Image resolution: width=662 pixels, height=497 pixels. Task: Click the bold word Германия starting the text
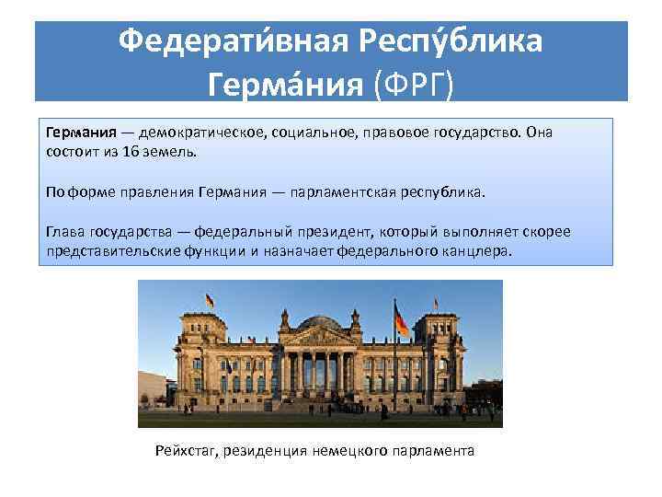tap(77, 132)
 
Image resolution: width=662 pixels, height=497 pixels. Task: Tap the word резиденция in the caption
tap(272, 451)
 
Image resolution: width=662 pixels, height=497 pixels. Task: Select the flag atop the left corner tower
tap(211, 300)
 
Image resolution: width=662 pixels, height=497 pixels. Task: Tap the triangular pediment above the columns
tap(318, 338)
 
